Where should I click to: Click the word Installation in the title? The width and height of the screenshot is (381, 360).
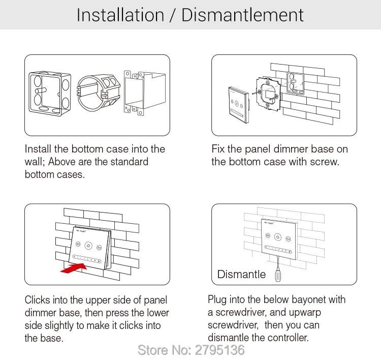(x=120, y=15)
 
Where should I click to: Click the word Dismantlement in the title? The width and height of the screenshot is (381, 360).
(x=242, y=15)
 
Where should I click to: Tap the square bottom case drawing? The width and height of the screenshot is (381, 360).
(x=50, y=94)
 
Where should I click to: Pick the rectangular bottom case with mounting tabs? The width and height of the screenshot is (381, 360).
(x=145, y=93)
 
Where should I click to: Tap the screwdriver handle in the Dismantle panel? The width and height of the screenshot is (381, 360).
(x=278, y=275)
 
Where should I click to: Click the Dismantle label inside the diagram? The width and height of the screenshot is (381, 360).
(x=241, y=274)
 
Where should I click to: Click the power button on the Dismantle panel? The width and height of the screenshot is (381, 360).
(x=278, y=237)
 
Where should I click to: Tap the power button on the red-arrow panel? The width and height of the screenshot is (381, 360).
(x=88, y=246)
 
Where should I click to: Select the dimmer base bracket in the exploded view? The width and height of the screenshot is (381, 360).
(x=268, y=94)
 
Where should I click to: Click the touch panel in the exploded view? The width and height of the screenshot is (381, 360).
(x=239, y=105)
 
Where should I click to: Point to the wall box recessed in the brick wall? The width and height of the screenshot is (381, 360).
(x=295, y=83)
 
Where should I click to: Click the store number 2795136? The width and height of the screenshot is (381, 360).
(x=219, y=350)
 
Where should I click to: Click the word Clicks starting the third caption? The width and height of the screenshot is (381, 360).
(x=38, y=299)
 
